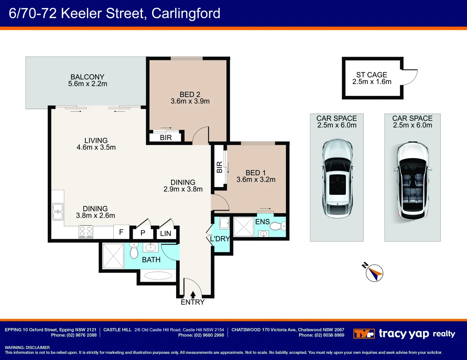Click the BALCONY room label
point(87,77)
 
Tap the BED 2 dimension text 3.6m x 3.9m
point(190,101)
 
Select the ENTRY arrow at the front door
point(193,295)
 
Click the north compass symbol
point(374,273)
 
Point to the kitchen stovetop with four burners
point(86,232)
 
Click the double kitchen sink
point(58,212)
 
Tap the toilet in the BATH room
point(134,251)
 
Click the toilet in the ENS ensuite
point(277,227)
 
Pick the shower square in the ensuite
point(244,227)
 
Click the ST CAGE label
point(372,75)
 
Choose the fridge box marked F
point(121,232)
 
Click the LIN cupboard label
point(165,234)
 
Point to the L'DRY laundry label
point(220,239)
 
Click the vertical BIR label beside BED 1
point(219,167)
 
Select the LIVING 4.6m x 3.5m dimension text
point(96,147)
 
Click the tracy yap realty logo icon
point(364,334)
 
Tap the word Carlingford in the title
point(186,14)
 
